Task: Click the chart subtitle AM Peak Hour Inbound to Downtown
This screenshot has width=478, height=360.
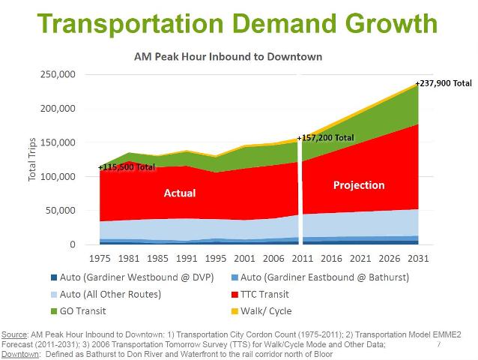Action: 228,56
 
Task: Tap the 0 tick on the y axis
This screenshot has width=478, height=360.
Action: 73,244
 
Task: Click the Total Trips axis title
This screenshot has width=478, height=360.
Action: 32,158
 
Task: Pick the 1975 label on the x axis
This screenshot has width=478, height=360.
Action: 101,259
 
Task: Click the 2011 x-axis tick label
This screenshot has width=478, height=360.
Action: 301,259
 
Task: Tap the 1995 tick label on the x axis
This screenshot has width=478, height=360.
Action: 216,259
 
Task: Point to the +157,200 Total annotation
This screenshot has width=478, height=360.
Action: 325,138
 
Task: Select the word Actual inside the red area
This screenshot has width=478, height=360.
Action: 180,193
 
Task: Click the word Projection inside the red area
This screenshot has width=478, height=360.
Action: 358,185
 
